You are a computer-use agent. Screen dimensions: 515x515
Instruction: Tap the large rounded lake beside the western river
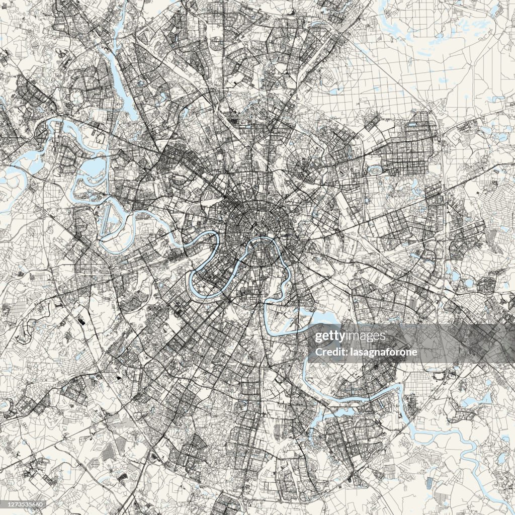(x=92, y=166)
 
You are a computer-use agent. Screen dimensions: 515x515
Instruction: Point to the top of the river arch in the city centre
(x=262, y=238)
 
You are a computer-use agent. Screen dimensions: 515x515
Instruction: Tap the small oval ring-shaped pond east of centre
(x=375, y=171)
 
